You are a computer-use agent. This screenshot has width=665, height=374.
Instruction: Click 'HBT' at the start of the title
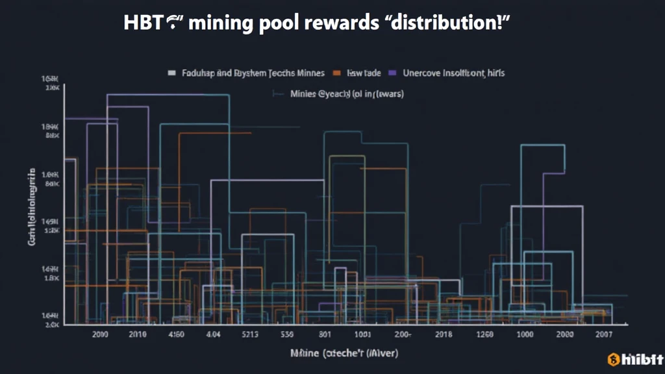(141, 24)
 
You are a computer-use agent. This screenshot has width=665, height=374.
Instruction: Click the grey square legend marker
(172, 73)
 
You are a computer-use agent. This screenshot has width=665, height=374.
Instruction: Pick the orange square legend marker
(337, 73)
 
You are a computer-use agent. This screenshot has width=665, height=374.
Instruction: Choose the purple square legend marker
(393, 73)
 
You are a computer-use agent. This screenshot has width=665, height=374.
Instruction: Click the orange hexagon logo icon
(612, 360)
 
